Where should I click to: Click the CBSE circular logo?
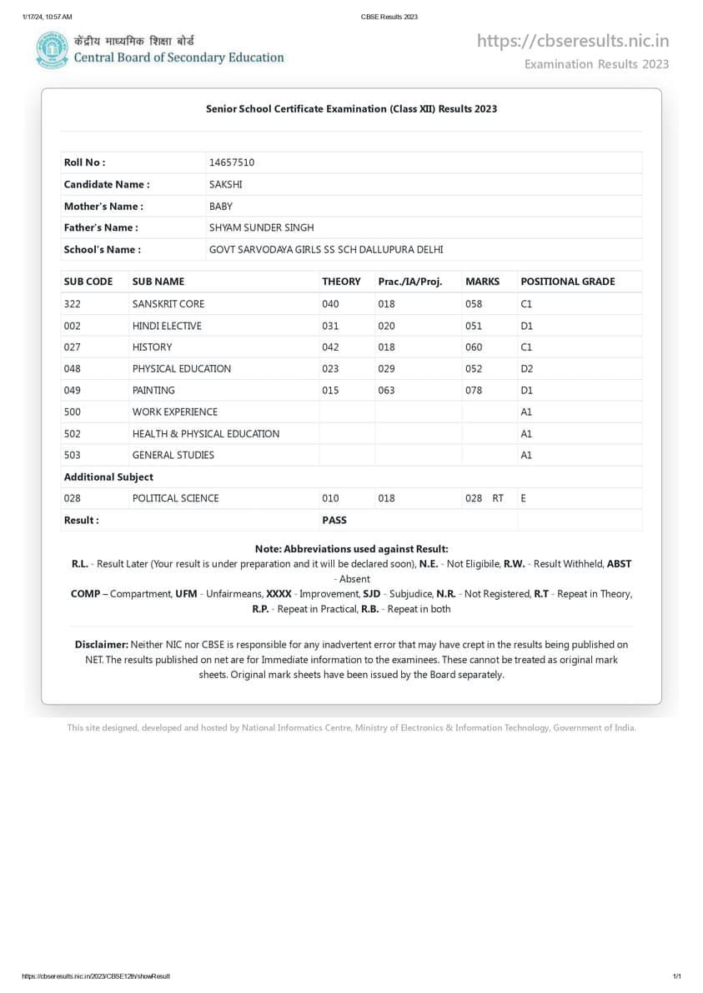pos(52,50)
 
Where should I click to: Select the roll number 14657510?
pos(231,162)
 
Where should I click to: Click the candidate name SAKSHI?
pos(225,184)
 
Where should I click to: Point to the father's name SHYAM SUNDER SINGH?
pos(261,227)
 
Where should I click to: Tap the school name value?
pos(326,249)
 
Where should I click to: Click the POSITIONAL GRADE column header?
pos(567,282)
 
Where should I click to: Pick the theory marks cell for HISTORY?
pos(330,347)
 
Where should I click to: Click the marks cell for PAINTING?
pos(474,391)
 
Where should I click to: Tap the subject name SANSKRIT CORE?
pos(168,304)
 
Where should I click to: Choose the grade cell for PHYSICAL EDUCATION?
pos(526,369)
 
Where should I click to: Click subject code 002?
pos(73,326)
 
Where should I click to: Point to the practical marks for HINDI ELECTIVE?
pos(386,326)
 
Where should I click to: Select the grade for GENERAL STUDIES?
pos(526,455)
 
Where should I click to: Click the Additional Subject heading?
pos(108,477)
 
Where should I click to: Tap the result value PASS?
pos(334,520)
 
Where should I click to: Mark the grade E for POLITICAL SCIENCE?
pos(523,498)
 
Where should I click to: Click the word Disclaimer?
pos(101,645)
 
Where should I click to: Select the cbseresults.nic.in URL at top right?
pos(573,41)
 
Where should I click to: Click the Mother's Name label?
pos(103,206)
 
